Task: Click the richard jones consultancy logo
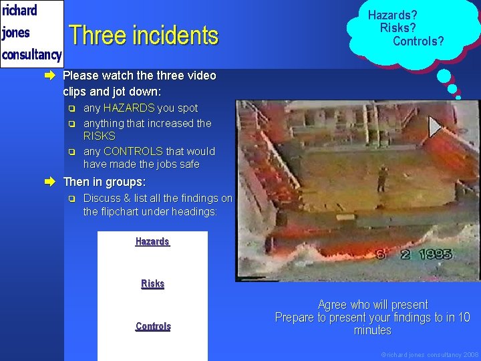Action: click(x=31, y=33)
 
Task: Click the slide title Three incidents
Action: click(x=144, y=35)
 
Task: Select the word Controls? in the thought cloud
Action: click(x=418, y=41)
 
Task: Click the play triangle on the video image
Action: click(x=435, y=126)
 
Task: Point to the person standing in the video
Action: click(x=382, y=178)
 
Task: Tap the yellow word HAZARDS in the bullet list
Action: click(x=129, y=108)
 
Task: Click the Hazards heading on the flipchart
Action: click(x=152, y=241)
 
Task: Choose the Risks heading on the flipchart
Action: click(x=152, y=283)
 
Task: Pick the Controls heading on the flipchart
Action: click(x=153, y=326)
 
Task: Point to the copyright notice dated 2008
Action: click(x=430, y=354)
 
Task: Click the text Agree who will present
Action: click(x=373, y=305)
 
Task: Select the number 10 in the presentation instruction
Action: click(x=464, y=318)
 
